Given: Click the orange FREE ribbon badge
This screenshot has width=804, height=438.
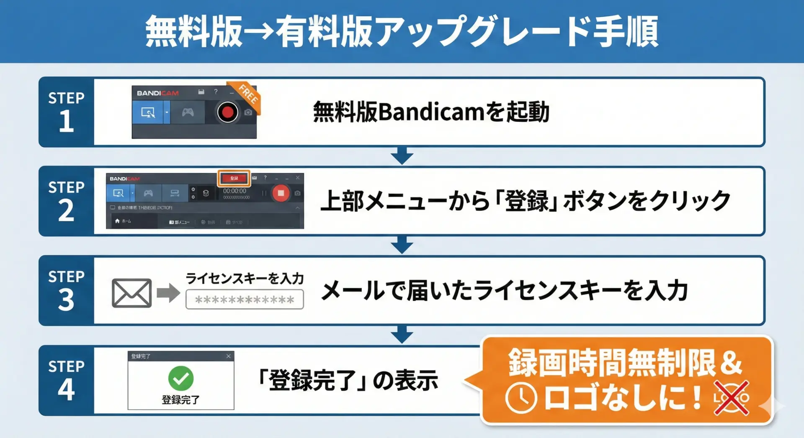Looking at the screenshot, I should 247,95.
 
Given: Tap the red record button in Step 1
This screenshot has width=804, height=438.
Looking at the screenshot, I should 227,112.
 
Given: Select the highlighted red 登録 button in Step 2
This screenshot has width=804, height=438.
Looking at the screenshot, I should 234,178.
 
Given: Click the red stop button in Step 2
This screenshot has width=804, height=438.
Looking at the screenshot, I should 281,193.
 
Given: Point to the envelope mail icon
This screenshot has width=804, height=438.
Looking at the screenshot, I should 131,293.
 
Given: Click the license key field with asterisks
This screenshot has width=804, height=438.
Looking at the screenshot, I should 245,300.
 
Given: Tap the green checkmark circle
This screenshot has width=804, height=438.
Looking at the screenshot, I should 180,378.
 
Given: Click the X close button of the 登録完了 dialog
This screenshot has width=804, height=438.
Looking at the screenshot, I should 228,356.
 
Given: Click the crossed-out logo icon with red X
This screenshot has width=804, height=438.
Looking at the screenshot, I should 732,398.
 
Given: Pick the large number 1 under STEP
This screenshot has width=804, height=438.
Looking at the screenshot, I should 66,122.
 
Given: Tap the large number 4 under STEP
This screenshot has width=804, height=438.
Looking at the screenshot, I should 66,389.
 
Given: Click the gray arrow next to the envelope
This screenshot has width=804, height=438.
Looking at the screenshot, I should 168,293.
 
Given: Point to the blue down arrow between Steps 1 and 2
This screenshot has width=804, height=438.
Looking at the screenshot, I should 402,156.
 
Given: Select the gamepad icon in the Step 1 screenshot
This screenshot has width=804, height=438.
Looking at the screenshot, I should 188,112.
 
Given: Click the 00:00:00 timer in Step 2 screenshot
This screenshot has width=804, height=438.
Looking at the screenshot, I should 234,191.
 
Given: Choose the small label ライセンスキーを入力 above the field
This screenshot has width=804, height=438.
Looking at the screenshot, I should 245,278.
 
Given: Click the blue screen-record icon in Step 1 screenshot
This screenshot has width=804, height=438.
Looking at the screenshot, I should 148,113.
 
